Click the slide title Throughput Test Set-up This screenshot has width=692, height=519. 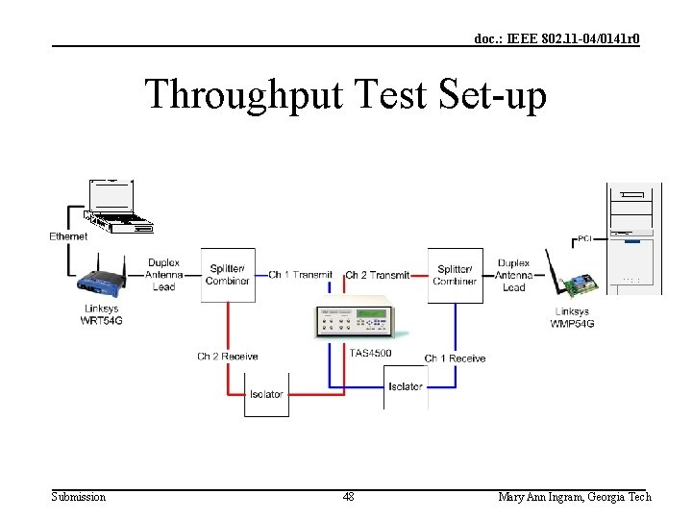345,95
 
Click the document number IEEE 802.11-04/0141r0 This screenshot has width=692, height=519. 556,38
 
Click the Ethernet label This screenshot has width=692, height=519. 68,236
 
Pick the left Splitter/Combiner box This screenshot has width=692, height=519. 228,274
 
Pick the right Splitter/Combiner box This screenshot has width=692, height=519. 455,275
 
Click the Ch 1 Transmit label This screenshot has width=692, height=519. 300,275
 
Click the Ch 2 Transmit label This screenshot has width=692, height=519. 377,275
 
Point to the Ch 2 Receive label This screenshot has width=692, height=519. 228,357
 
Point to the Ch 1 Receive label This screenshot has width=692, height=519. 456,358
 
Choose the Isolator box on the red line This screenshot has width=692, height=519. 266,394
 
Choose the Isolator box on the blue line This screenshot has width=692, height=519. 406,386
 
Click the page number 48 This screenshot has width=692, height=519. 348,497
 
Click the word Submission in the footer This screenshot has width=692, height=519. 78,497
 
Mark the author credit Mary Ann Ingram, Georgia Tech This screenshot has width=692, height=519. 574,497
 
